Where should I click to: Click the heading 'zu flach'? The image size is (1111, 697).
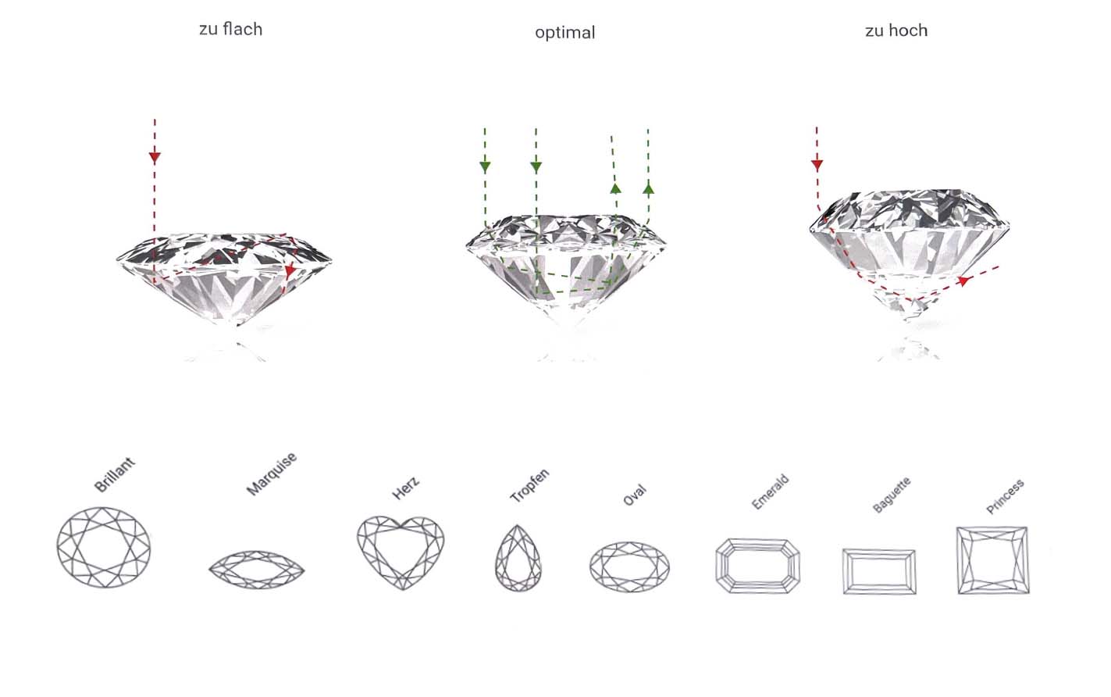coord(230,29)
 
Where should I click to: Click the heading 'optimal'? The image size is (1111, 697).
coord(565,33)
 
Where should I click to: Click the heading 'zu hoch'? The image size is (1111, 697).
coord(896,30)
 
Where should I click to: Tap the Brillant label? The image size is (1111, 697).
coord(115,474)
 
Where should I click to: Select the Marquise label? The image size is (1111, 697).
coord(272,474)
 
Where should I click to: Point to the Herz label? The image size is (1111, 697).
coord(406,488)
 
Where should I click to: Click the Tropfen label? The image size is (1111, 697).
coord(529,485)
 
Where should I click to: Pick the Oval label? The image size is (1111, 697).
coord(635,495)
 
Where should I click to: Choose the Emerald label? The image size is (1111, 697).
coord(771,492)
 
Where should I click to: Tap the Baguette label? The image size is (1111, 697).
coord(892,495)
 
